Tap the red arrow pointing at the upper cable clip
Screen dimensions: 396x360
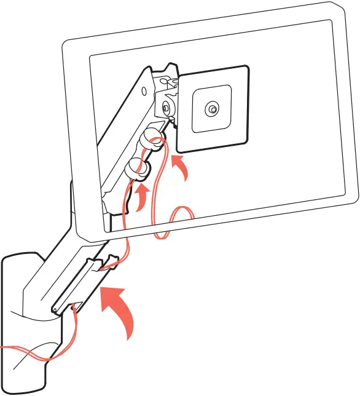tap(179, 168)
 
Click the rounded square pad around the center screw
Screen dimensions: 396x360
tap(212, 109)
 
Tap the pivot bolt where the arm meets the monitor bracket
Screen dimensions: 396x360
tap(166, 107)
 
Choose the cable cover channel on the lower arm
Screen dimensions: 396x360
tap(83, 283)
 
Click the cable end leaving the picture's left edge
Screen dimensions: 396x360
tap(3, 349)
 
